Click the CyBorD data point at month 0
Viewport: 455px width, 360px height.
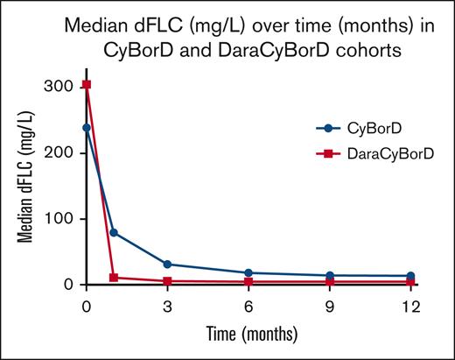tap(86, 128)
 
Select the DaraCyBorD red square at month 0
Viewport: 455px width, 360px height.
tap(86, 85)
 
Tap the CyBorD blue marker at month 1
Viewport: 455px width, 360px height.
tap(114, 233)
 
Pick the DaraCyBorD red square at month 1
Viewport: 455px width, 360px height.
tap(114, 278)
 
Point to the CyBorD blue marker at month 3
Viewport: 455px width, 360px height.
tap(167, 264)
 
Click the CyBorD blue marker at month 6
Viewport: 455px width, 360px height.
tap(248, 273)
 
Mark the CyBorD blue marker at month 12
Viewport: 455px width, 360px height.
tap(410, 276)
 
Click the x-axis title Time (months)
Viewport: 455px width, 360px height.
tap(248, 333)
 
